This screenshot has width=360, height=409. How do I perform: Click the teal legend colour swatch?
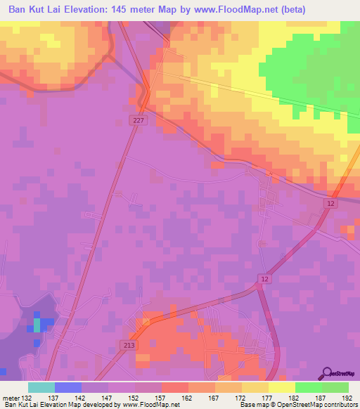41,387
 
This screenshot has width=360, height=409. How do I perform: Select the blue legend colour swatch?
67,387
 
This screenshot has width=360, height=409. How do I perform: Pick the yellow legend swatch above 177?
255,387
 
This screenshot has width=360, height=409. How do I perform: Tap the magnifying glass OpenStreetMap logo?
326,374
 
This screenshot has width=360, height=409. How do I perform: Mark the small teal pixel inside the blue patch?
37,326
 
